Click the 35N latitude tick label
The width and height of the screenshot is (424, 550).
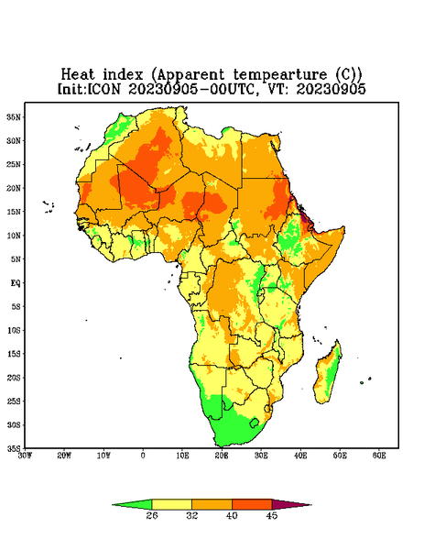click(14, 117)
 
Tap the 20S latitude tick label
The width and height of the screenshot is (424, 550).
click(14, 378)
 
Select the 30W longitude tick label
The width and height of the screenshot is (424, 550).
click(25, 456)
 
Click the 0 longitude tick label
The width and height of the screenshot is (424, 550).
click(143, 456)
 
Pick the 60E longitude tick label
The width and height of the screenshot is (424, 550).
click(379, 456)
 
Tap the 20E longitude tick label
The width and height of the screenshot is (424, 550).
click(222, 456)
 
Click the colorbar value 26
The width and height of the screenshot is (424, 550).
click(152, 515)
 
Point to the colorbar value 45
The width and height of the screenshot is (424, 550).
click(272, 515)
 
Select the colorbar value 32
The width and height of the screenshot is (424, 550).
click(192, 515)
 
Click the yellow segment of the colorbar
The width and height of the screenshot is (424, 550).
click(171, 504)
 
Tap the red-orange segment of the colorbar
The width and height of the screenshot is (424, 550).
click(252, 504)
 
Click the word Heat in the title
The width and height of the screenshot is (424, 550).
click(78, 75)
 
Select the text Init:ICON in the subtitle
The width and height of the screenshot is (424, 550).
click(89, 89)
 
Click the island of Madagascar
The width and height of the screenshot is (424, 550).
click(328, 374)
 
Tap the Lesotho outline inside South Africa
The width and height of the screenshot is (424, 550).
click(255, 423)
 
